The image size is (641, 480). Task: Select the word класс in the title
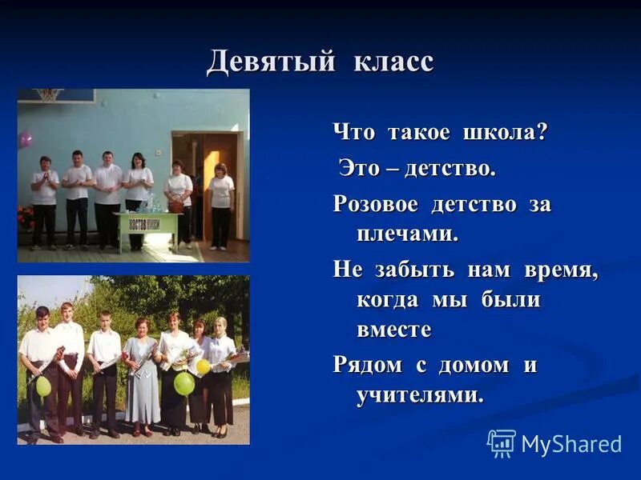393,62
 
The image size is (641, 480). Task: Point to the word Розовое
376,205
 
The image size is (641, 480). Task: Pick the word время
561,270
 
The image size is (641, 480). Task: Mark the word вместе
394,330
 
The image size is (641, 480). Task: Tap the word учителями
420,394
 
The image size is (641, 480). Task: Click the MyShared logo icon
502,443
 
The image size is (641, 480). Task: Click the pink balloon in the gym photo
26,138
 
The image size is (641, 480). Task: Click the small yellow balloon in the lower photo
204,366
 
